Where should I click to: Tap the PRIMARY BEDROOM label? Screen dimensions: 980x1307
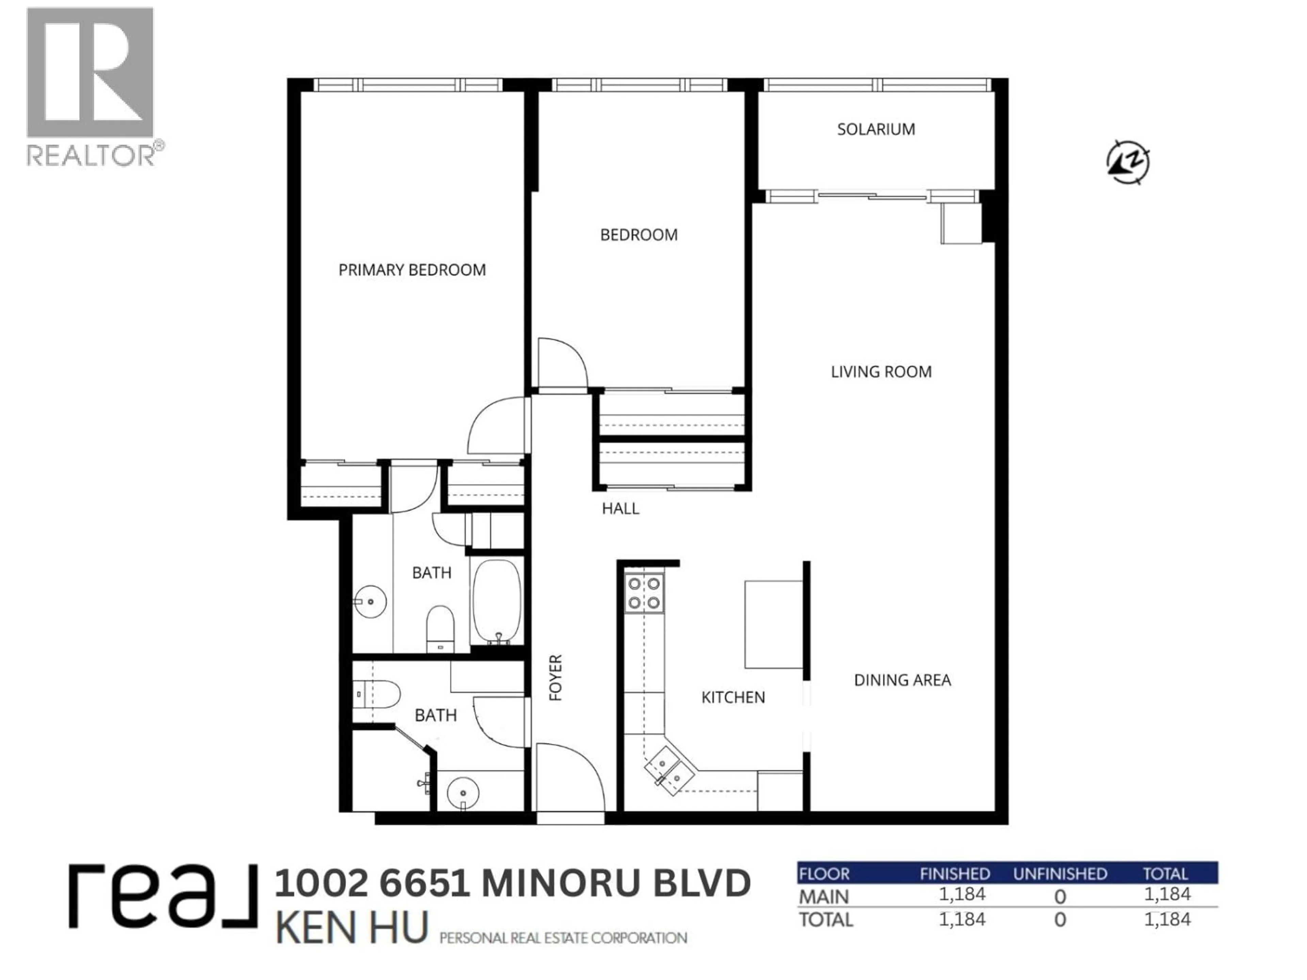[x=412, y=270]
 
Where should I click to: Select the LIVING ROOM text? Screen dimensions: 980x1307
[x=881, y=372]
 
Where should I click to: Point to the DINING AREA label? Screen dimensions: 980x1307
[x=902, y=680]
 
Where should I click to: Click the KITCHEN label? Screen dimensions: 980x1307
[x=733, y=697]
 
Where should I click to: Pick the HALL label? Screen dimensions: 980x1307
[x=620, y=508]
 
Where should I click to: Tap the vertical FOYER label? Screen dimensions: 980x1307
[x=555, y=677]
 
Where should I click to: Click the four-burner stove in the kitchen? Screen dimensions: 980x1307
[x=644, y=593]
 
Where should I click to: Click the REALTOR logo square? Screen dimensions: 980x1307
[x=90, y=73]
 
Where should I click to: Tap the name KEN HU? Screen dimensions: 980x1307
[x=352, y=928]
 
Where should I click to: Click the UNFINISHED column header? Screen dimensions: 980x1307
[x=1060, y=874]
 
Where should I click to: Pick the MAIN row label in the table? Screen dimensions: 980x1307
[x=824, y=897]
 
